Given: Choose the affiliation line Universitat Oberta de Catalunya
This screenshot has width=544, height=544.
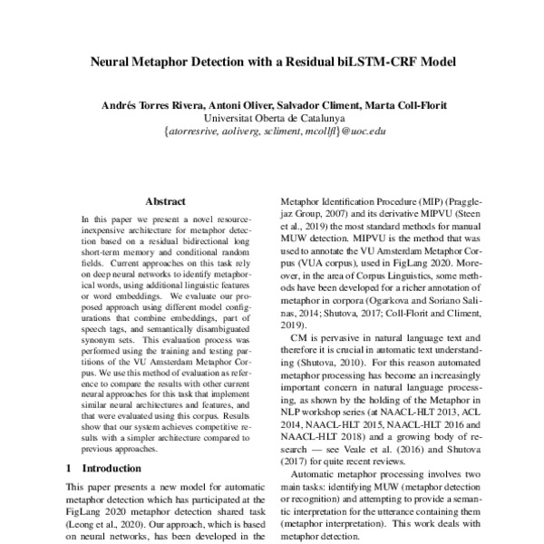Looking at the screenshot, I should (x=273, y=118).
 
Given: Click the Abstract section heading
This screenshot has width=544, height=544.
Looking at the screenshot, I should (x=165, y=201).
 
